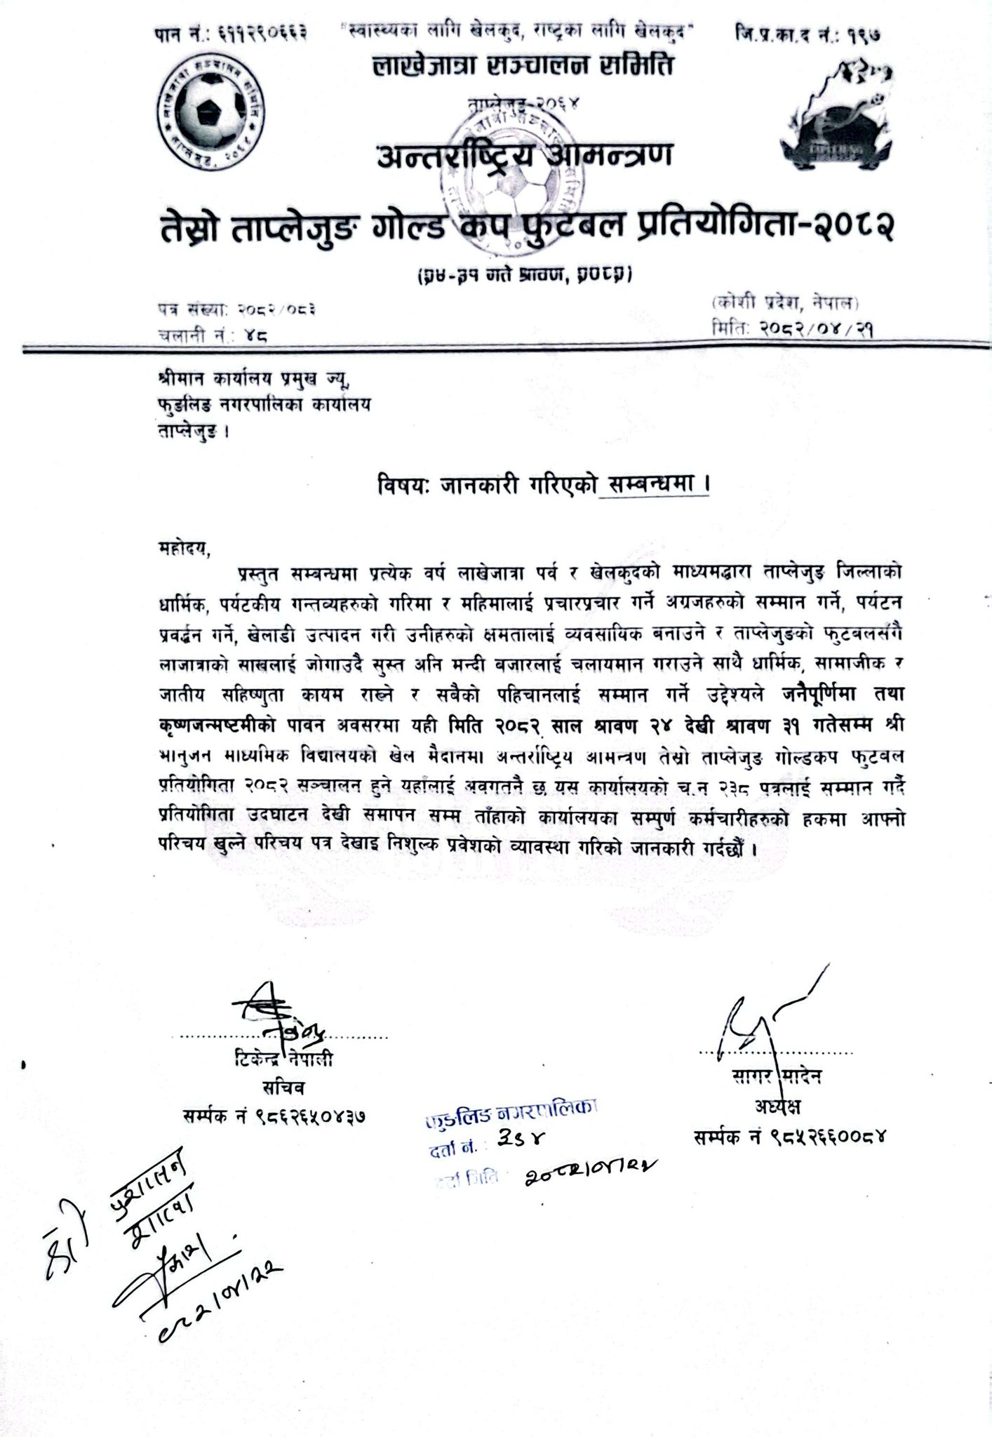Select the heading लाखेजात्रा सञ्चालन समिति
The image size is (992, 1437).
coord(523,67)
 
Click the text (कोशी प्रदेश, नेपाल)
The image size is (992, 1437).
coord(784,303)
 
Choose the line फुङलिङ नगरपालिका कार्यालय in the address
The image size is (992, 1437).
coord(264,404)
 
